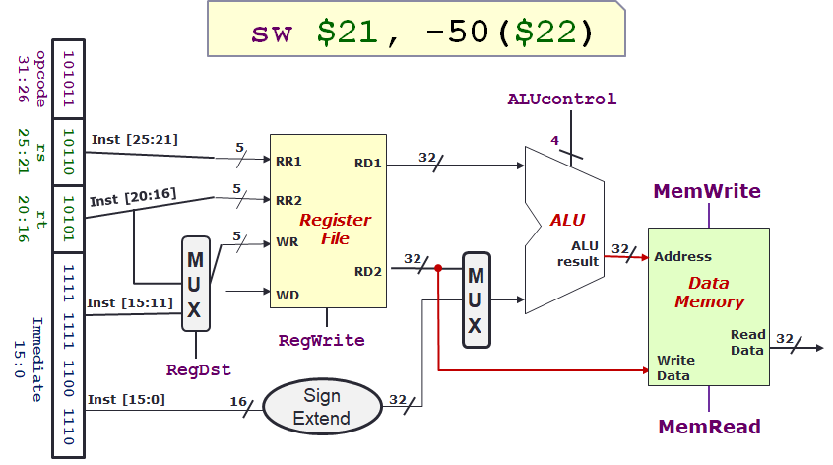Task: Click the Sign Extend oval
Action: [x=321, y=406]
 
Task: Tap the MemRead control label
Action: [x=709, y=427]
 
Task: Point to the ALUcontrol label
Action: [x=562, y=99]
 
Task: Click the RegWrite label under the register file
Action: [x=322, y=340]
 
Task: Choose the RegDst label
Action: [x=198, y=370]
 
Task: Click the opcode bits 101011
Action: [x=68, y=78]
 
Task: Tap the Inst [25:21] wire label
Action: [x=135, y=139]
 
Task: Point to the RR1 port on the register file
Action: [x=288, y=161]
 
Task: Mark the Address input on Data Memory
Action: [x=682, y=256]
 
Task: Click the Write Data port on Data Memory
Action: [x=675, y=367]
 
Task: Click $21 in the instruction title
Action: [x=347, y=33]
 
